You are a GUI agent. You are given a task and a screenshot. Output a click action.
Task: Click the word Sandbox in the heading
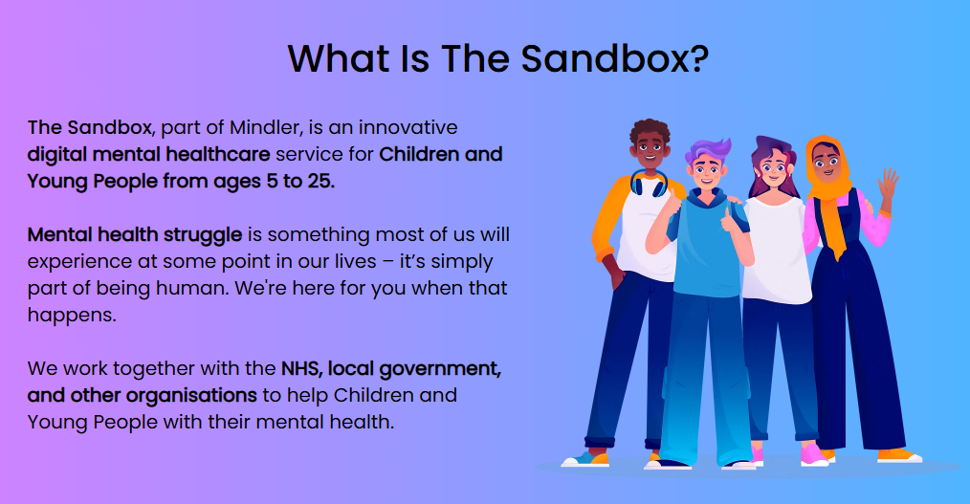tap(605, 58)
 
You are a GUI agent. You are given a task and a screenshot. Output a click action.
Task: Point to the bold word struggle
tap(203, 235)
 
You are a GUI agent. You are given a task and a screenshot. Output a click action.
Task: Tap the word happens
tap(72, 316)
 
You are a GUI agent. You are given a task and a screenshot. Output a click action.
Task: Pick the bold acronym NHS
tap(302, 368)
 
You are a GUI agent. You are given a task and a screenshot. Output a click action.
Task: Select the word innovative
tap(408, 127)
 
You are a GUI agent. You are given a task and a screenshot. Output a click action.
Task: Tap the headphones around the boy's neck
tap(649, 184)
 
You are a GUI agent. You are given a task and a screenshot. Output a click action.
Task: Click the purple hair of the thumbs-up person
tap(707, 150)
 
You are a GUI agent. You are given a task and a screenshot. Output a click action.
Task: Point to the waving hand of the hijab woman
tap(889, 183)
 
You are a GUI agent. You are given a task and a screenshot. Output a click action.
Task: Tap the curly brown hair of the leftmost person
tap(650, 130)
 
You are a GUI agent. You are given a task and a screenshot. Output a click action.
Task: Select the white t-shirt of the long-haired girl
tap(777, 249)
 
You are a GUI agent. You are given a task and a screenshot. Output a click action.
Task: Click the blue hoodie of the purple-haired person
tap(708, 248)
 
